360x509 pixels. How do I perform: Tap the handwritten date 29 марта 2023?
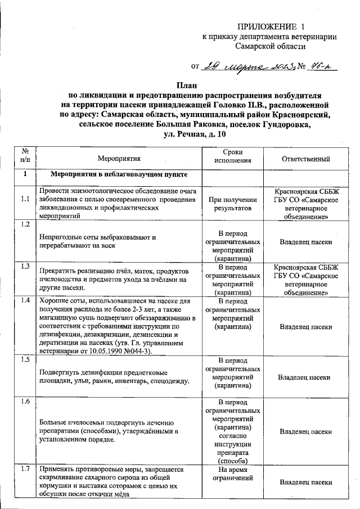248,68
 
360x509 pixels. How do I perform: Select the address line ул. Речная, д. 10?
194,134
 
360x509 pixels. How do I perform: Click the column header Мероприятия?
118,159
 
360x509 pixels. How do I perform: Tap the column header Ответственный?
305,159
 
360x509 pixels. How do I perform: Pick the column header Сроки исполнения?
233,159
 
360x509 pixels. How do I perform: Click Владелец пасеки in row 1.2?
305,242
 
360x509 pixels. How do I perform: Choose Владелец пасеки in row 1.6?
305,432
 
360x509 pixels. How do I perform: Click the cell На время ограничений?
233,474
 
